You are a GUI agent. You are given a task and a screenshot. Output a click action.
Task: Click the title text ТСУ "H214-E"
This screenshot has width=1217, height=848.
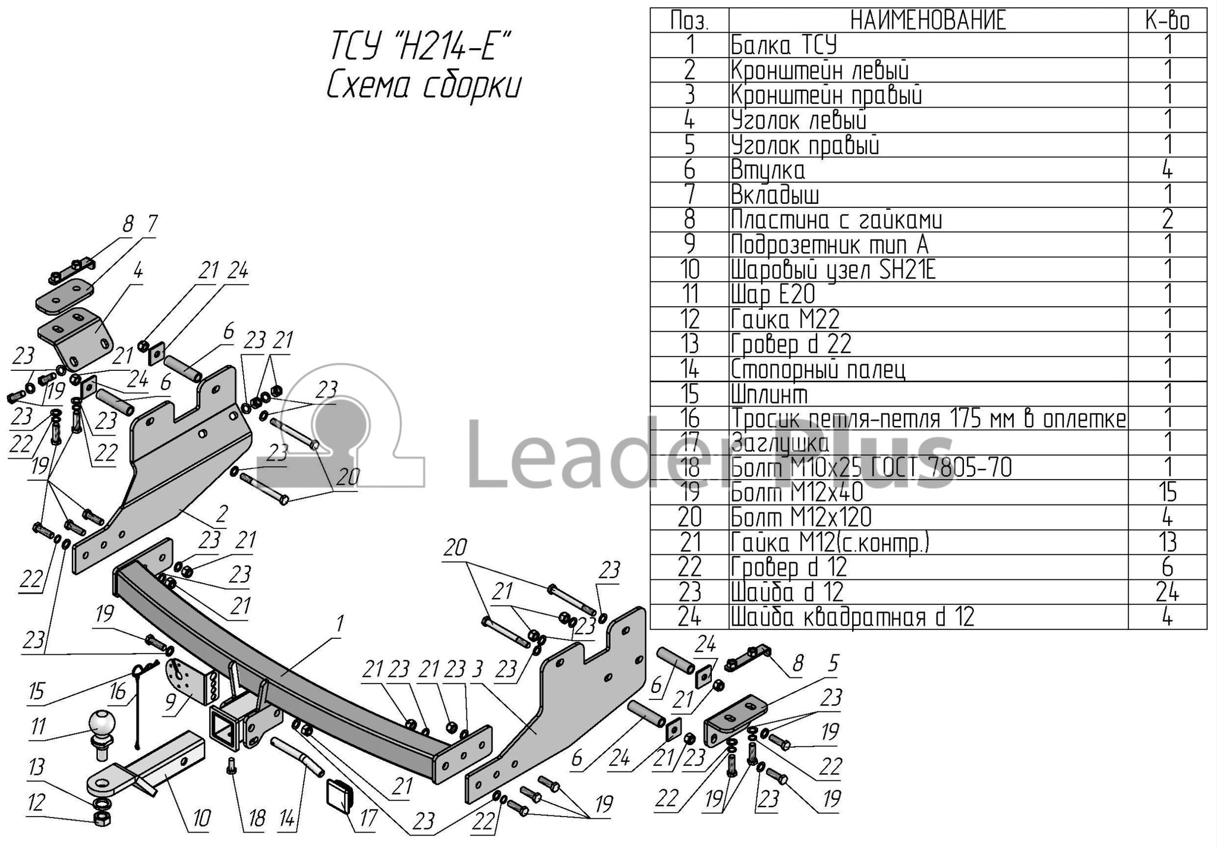click(x=421, y=47)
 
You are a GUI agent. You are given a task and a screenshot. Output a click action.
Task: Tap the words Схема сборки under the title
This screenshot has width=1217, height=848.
click(x=423, y=87)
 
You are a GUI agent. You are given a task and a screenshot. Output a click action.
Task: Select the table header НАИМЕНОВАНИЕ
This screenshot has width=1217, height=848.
click(x=928, y=21)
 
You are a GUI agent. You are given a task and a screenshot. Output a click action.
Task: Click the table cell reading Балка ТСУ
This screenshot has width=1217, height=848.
click(x=784, y=46)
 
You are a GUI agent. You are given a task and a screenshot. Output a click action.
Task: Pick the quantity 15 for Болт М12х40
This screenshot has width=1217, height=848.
click(x=1167, y=493)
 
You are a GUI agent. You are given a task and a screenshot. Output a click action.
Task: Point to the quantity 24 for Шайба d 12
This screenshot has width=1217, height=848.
click(x=1167, y=592)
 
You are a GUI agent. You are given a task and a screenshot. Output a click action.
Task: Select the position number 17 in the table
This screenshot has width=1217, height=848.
click(x=689, y=443)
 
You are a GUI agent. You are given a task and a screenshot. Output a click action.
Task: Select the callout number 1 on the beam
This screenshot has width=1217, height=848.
click(x=340, y=625)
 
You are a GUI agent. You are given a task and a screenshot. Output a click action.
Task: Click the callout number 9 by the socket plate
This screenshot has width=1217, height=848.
click(x=171, y=702)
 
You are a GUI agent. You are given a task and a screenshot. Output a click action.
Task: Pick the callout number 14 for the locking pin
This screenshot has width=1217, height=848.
click(x=287, y=820)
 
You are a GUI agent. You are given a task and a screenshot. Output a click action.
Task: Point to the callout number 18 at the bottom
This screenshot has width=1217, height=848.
click(x=256, y=820)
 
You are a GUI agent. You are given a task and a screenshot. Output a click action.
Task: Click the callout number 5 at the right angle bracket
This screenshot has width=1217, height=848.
click(x=833, y=663)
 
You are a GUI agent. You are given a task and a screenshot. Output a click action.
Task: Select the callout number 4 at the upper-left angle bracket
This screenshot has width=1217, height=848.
click(x=138, y=271)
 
